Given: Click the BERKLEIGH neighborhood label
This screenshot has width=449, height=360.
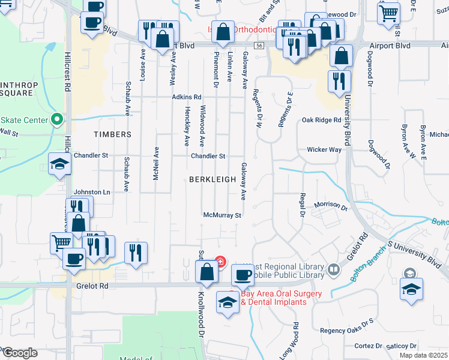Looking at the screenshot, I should (208, 179).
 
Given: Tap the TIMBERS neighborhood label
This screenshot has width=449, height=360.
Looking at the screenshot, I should (112, 135).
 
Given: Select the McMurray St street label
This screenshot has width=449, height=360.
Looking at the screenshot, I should (222, 215).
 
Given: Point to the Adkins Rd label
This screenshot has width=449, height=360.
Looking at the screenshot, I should (186, 97).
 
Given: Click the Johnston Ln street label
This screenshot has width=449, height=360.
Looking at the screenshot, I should (92, 192).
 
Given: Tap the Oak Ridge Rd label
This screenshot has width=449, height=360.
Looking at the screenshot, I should (321, 120).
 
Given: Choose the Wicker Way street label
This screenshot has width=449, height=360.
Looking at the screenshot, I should (324, 149).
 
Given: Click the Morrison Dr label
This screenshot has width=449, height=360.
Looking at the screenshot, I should (331, 205).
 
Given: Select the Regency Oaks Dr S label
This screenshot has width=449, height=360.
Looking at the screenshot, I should (346, 331).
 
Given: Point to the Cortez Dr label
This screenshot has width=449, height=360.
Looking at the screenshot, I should (368, 346).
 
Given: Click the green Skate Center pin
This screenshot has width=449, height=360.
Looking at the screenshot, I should (57, 119).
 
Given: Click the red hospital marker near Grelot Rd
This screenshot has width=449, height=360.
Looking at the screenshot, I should (220, 262).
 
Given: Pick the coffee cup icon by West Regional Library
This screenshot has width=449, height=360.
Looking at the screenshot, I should (243, 275).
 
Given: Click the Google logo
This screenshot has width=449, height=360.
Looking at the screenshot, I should (19, 353).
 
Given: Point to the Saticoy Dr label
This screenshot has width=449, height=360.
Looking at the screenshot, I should (402, 346).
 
